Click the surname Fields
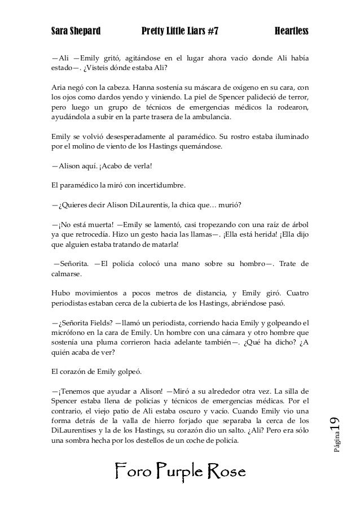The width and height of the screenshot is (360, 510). (99, 324)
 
